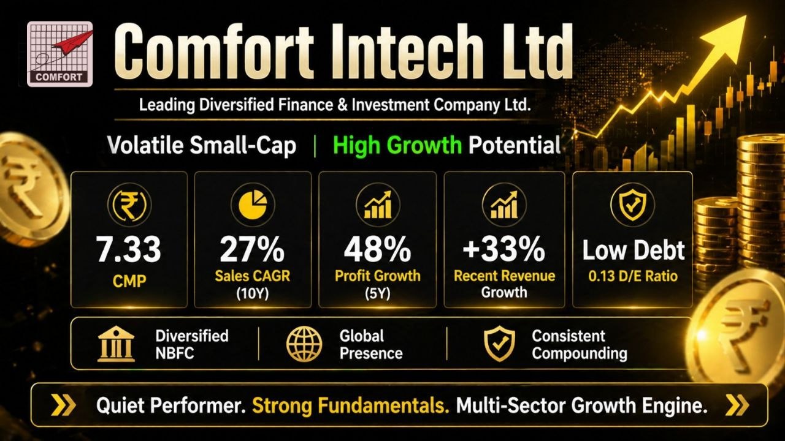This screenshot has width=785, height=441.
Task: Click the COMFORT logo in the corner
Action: click(x=60, y=54)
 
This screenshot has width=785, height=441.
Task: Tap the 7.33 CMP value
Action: click(x=129, y=249)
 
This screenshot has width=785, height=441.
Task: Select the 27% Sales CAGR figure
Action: click(x=252, y=249)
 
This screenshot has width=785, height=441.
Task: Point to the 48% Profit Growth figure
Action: click(x=377, y=249)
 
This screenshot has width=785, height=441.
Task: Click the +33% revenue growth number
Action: click(x=504, y=249)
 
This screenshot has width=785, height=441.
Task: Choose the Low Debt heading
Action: click(x=634, y=251)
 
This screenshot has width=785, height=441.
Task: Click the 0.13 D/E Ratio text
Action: click(x=633, y=276)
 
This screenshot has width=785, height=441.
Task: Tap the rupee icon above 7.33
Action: click(x=129, y=205)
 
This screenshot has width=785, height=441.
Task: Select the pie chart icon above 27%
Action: click(x=253, y=204)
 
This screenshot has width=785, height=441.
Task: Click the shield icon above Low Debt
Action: click(x=632, y=204)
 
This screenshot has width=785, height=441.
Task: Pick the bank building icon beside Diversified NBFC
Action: click(x=116, y=344)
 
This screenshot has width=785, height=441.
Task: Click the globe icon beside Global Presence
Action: click(x=304, y=344)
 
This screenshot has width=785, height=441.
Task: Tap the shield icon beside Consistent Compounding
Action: click(x=500, y=344)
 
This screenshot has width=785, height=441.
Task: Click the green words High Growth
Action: click(x=397, y=145)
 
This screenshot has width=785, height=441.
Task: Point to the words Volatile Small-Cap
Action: click(x=202, y=145)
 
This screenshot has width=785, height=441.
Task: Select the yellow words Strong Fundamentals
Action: click(x=351, y=406)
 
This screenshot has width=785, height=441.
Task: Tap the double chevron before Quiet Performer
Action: click(x=63, y=405)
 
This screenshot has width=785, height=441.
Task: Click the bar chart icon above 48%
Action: click(x=378, y=205)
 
